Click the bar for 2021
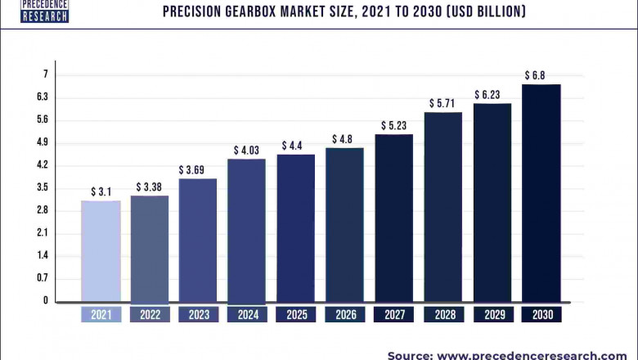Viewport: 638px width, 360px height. click(x=101, y=250)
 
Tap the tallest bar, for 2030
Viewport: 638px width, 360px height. click(x=541, y=192)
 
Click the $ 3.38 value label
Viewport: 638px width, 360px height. click(x=150, y=187)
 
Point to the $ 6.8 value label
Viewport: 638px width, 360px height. click(x=535, y=75)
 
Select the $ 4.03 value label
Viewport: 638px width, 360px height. click(x=246, y=151)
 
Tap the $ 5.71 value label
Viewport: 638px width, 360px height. click(x=443, y=104)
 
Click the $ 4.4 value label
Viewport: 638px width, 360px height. click(x=295, y=146)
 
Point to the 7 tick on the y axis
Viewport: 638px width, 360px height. click(x=45, y=74)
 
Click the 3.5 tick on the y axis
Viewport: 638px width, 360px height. click(x=43, y=187)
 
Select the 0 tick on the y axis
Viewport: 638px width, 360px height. click(x=45, y=301)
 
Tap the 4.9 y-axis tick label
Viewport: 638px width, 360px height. click(x=43, y=142)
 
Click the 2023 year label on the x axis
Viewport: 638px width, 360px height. click(x=198, y=314)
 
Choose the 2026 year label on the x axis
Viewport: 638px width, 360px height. click(x=344, y=314)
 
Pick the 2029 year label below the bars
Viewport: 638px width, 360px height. click(x=492, y=314)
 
